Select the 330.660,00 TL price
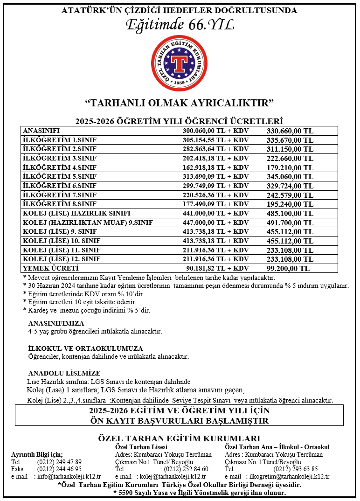point(290,131)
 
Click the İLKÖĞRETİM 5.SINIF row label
point(59,176)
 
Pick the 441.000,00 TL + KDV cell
point(216,213)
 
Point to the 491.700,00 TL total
point(290,223)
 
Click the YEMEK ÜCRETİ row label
point(51,268)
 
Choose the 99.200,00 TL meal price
point(288,268)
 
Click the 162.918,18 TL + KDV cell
point(216,167)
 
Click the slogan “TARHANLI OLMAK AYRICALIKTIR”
point(180,102)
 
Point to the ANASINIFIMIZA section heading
point(56,323)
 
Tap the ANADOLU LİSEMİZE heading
point(64,373)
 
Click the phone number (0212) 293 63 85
point(294,469)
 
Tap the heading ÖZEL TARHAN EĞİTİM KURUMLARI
point(180,438)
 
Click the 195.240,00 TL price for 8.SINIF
point(290,204)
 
